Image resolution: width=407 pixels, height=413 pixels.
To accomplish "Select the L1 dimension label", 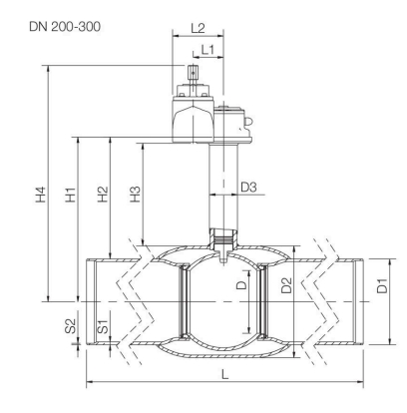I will coord(207,48).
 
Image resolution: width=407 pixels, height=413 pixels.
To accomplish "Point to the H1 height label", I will coord(68,191).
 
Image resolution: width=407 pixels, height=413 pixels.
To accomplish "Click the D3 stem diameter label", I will coord(249,187).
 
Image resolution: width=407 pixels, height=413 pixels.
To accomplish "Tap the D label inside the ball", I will coord(238,287).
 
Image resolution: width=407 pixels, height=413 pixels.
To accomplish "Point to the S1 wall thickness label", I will coord(102,326).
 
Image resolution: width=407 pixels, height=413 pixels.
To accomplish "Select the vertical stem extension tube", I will coord(219,190).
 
